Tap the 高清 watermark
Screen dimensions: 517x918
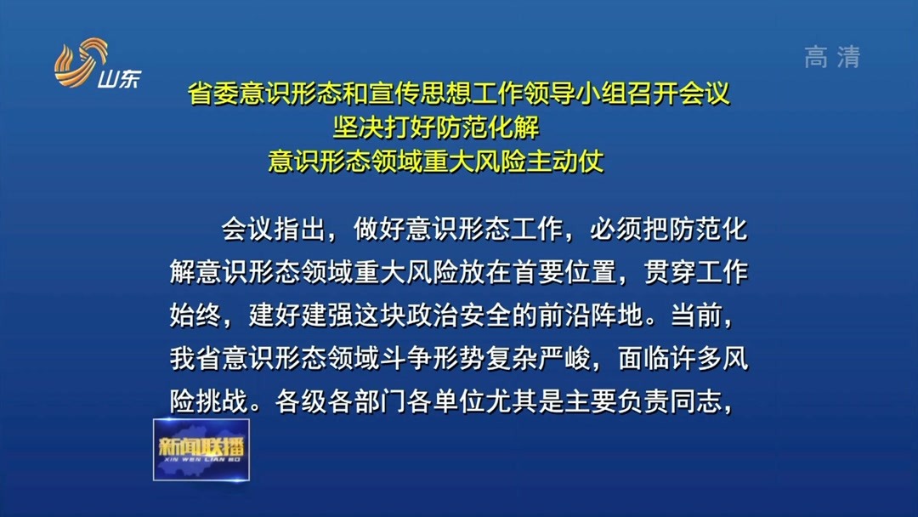click(x=832, y=57)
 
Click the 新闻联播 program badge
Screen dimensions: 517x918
click(x=201, y=449)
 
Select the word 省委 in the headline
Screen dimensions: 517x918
click(x=214, y=94)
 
